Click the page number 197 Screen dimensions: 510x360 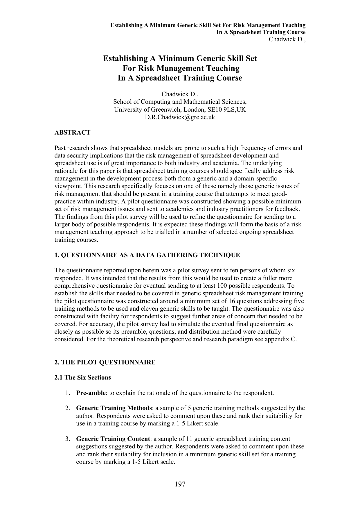(x=180, y=484)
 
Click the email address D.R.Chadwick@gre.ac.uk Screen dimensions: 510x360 (x=180, y=117)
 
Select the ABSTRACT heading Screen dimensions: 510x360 (x=73, y=133)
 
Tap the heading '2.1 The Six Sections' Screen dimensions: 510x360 (x=83, y=377)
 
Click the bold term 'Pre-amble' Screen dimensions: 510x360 (x=91, y=393)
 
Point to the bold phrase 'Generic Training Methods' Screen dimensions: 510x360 (x=114, y=408)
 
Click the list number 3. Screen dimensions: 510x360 (x=67, y=439)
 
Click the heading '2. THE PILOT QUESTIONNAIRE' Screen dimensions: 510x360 (x=105, y=362)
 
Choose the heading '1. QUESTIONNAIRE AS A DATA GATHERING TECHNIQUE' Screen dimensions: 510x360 (x=147, y=255)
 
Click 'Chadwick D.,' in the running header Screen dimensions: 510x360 (x=287, y=39)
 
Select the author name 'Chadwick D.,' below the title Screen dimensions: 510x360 (x=180, y=94)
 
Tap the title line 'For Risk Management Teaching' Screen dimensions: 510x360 (x=180, y=68)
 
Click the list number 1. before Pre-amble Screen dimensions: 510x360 (x=67, y=393)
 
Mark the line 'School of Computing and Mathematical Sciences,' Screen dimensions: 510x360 (x=180, y=102)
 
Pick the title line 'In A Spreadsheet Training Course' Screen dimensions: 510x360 (x=180, y=78)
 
